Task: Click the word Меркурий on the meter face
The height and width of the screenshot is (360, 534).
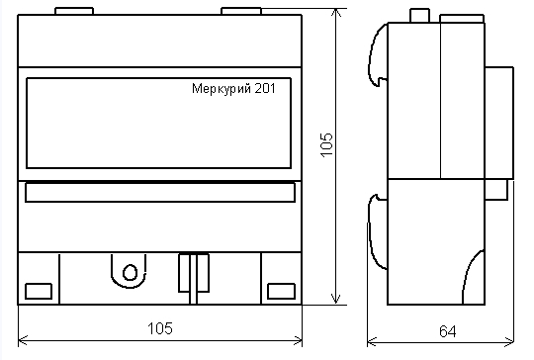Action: (221, 87)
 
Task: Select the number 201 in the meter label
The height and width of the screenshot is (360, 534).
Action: (266, 87)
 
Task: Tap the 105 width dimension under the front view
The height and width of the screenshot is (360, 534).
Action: (159, 326)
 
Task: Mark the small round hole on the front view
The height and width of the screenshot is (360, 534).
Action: (129, 271)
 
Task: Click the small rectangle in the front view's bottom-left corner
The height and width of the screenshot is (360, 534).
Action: (38, 291)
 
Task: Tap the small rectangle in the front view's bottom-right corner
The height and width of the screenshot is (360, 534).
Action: (281, 291)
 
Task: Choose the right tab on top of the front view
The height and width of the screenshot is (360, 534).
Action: (241, 13)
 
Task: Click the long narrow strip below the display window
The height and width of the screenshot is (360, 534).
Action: (159, 193)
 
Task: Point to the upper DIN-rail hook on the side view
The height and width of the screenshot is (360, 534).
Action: (377, 54)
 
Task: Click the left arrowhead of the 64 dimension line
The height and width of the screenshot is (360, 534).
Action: (372, 341)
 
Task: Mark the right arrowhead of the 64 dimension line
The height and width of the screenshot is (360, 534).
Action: (507, 341)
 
